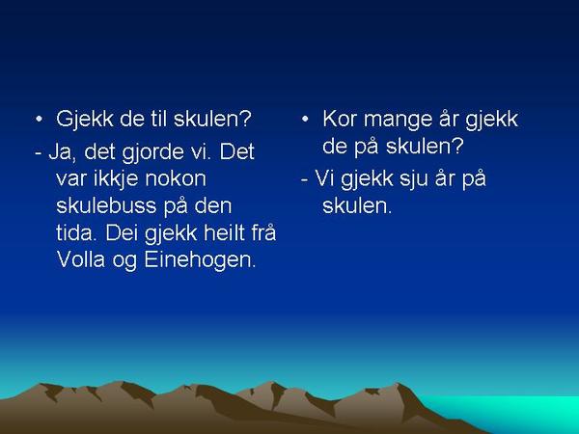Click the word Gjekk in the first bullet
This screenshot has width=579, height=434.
pyautogui.click(x=85, y=120)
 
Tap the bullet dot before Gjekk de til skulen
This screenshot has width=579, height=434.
pyautogui.click(x=39, y=120)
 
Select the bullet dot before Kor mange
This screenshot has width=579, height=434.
pyautogui.click(x=305, y=120)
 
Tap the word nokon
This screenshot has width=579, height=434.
pyautogui.click(x=175, y=178)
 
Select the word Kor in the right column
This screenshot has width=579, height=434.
pyautogui.click(x=340, y=120)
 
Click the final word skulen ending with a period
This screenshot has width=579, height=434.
pyautogui.click(x=357, y=205)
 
